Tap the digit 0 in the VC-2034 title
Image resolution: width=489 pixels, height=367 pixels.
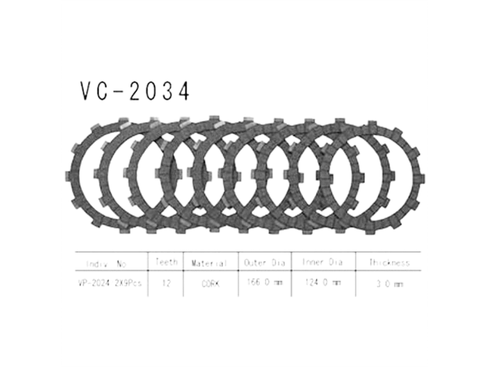(x=150, y=92)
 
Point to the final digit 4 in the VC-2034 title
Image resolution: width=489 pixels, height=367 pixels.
(x=183, y=92)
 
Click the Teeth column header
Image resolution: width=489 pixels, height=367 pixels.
(x=167, y=262)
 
